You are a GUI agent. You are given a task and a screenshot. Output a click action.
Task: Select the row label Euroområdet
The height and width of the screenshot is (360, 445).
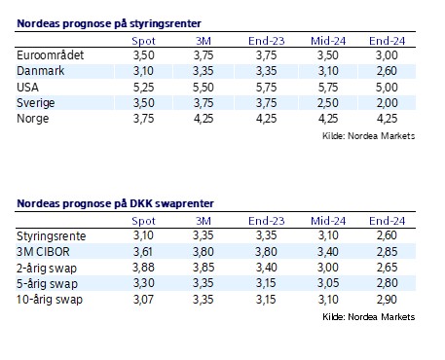52,56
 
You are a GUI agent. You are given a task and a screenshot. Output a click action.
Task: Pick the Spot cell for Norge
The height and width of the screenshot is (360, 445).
143,117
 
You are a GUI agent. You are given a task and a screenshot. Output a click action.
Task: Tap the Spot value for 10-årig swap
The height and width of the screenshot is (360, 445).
143,298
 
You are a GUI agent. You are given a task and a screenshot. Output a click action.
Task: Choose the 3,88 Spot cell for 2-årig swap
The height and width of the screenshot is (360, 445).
143,268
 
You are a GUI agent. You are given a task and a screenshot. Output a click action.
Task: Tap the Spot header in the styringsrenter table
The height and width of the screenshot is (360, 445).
143,42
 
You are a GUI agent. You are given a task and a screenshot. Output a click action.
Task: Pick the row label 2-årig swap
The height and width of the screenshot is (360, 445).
48,268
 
